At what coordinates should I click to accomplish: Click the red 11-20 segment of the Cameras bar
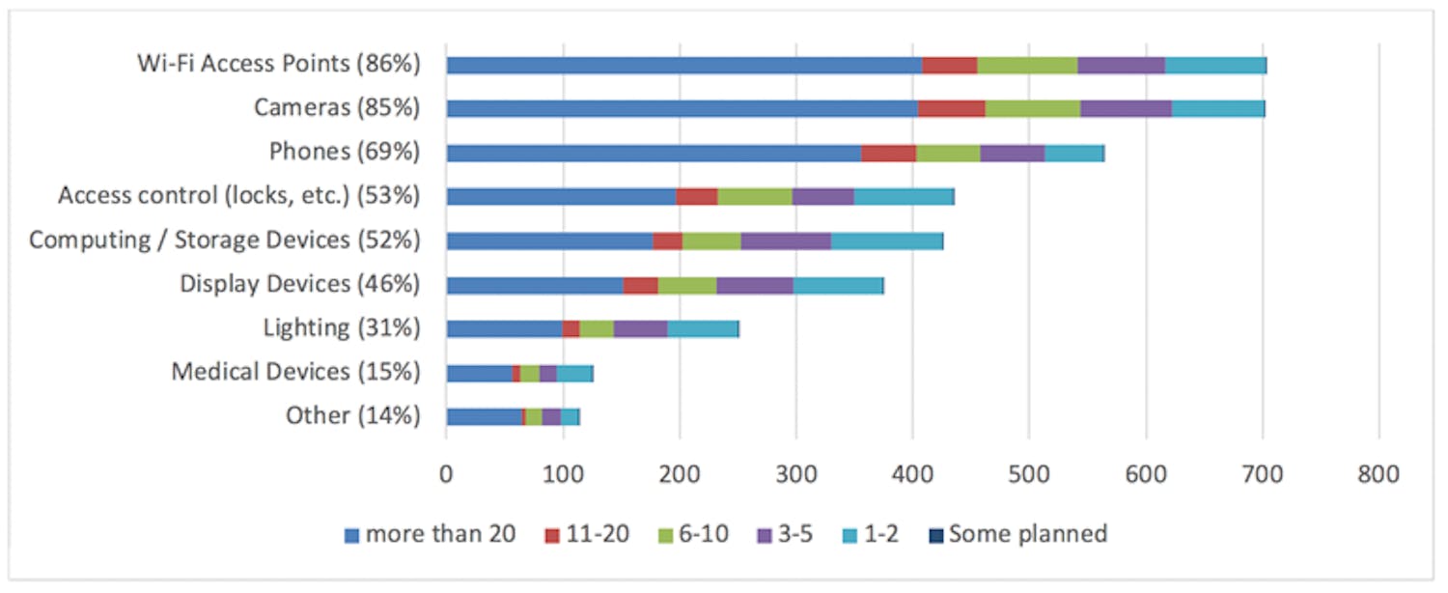(x=952, y=109)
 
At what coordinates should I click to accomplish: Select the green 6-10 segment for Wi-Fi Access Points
(x=1027, y=66)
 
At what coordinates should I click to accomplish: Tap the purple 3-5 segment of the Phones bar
(x=1013, y=154)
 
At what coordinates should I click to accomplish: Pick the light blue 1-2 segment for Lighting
(x=703, y=328)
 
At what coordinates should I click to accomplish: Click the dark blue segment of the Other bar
(x=484, y=416)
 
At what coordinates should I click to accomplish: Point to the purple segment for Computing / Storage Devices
(x=786, y=241)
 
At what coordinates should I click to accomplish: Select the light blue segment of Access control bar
(x=904, y=197)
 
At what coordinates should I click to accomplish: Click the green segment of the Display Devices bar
(x=687, y=285)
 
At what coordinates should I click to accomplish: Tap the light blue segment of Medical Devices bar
(x=574, y=373)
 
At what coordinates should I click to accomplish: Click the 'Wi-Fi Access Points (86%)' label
(x=279, y=65)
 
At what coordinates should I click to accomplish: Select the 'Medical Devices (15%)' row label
(x=295, y=372)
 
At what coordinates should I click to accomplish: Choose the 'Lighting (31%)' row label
(x=342, y=328)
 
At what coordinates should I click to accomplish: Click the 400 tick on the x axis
(x=912, y=474)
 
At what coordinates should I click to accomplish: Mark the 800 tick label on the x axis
(x=1378, y=474)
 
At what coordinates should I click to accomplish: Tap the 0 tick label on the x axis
(x=446, y=474)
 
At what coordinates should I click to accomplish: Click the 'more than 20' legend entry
(x=430, y=534)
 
